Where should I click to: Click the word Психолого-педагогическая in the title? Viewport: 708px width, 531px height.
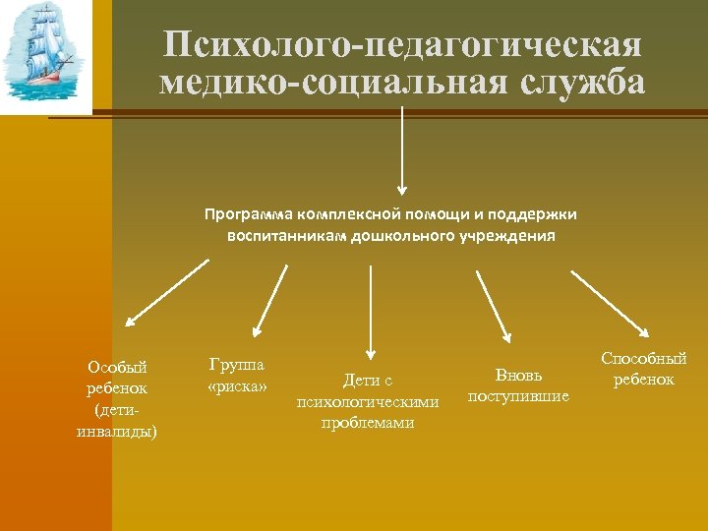(x=402, y=45)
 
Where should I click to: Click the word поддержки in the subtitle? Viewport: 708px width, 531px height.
(x=540, y=214)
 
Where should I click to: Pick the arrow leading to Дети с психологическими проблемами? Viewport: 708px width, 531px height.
(x=369, y=310)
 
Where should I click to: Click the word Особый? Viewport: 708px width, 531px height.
(x=117, y=367)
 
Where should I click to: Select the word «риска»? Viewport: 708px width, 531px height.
(x=237, y=385)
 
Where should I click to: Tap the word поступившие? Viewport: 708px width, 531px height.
(x=518, y=396)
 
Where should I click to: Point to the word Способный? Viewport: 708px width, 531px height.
(x=644, y=359)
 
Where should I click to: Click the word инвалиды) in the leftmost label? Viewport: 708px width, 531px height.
(x=117, y=432)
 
